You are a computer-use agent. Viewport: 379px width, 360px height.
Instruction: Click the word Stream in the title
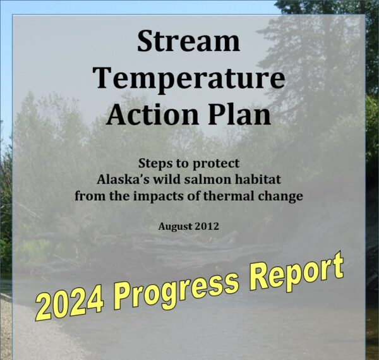(188, 42)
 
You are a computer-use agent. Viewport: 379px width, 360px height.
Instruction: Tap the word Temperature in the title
(188, 78)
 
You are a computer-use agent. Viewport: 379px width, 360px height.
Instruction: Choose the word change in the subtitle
(276, 196)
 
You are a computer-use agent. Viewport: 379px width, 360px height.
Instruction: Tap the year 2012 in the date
(207, 226)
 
